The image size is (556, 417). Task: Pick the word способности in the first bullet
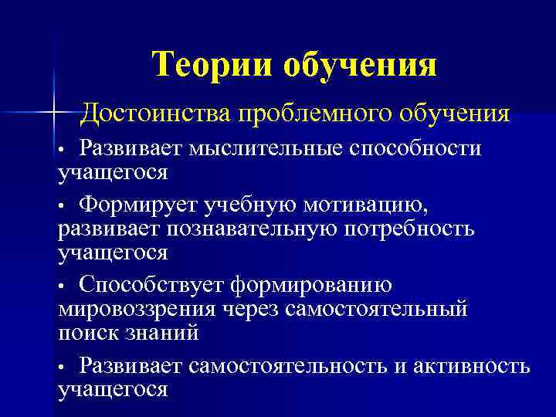(x=416, y=147)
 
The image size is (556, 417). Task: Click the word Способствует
(x=152, y=286)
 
